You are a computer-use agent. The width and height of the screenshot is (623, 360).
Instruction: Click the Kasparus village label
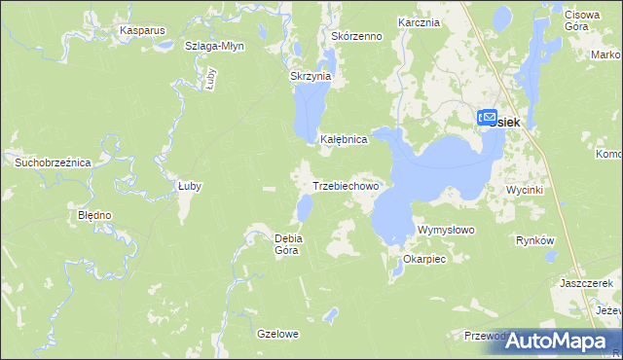tap(142, 30)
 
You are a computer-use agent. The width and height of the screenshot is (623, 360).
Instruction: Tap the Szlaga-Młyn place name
tap(214, 46)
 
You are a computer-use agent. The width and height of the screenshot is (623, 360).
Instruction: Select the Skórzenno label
tap(356, 36)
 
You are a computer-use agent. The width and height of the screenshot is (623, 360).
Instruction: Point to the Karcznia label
tap(419, 21)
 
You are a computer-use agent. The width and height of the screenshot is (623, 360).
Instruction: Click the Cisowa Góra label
tap(587, 22)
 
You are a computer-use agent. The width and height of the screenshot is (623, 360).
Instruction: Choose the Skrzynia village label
tap(311, 76)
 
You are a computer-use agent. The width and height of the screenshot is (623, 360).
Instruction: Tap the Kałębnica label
tap(344, 139)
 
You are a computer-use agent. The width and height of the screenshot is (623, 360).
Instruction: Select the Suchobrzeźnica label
tap(52, 162)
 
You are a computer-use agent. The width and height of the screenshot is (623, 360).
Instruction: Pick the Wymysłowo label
tap(445, 230)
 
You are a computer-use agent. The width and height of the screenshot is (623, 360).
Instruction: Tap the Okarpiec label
tap(423, 260)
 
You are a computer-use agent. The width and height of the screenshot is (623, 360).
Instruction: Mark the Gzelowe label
tap(277, 334)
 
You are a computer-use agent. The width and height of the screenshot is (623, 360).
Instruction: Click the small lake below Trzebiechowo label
tap(305, 206)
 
